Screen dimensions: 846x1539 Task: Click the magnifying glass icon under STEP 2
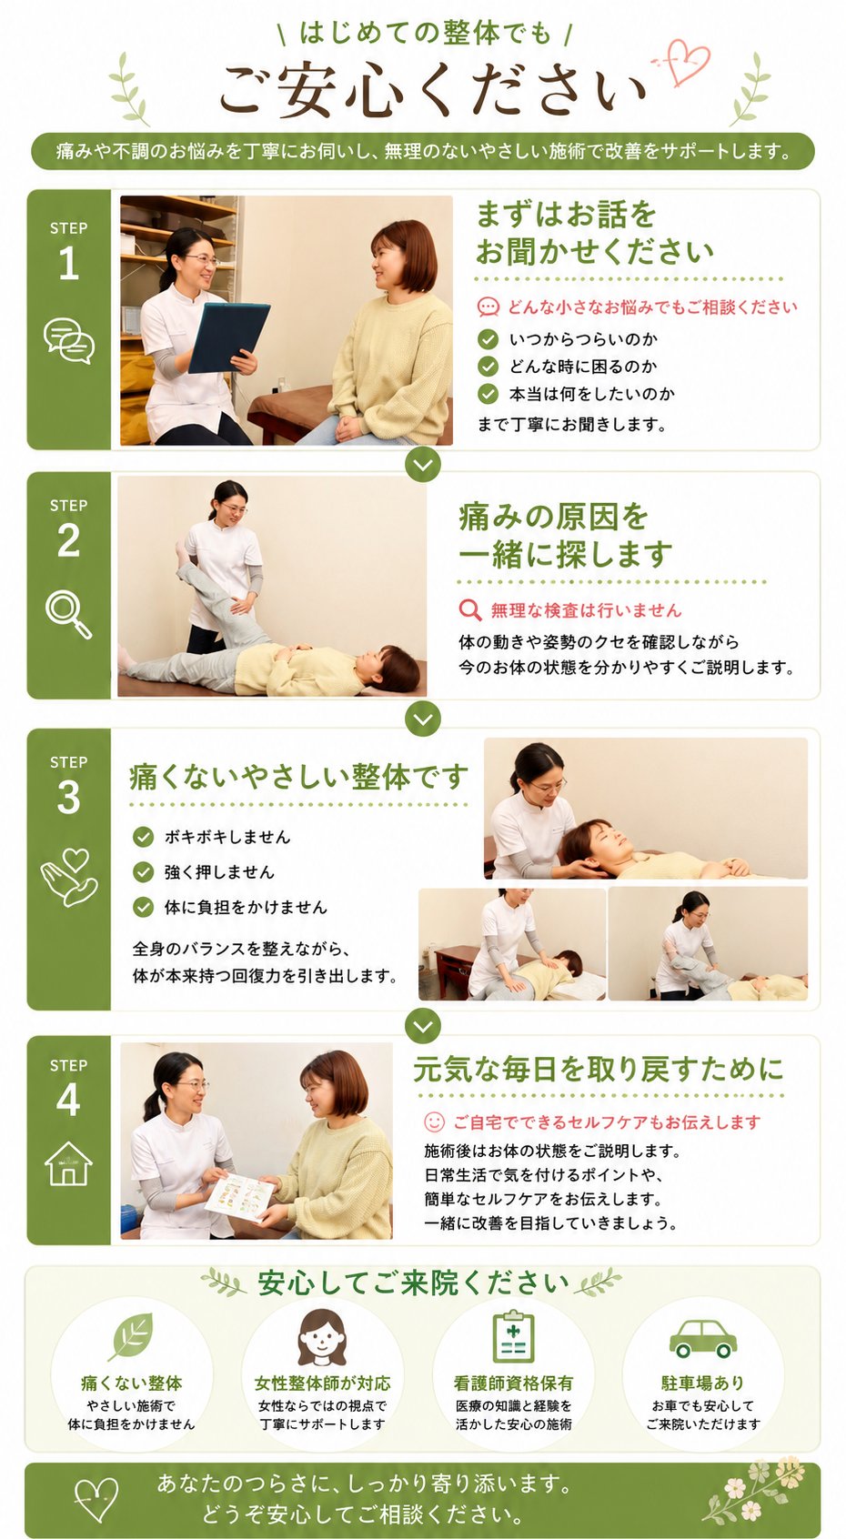68,615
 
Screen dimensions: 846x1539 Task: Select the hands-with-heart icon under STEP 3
69,877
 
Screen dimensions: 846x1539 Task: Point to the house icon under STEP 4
68,1163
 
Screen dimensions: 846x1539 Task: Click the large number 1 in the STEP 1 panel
68,264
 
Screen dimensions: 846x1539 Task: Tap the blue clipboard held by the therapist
228,337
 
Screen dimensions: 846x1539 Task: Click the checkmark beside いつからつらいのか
488,338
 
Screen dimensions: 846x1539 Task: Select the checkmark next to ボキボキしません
143,837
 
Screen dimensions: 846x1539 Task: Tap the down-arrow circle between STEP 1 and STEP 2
423,465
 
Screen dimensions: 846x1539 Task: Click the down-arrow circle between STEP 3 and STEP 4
423,1026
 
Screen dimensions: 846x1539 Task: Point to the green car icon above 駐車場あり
702,1338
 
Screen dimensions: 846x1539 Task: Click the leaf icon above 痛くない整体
133,1336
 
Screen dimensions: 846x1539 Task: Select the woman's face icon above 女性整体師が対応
322,1337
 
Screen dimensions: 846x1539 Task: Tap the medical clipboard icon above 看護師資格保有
513,1336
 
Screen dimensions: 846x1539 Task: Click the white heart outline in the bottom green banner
96,1500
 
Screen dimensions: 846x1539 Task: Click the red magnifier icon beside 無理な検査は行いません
470,610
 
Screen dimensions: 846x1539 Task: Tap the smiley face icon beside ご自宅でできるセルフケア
434,1122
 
